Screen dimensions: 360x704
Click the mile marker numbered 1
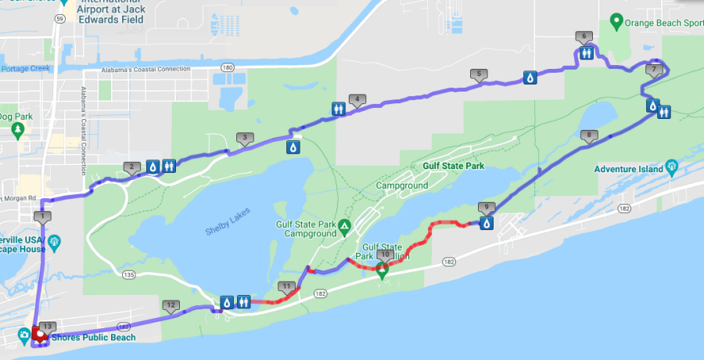point(44,217)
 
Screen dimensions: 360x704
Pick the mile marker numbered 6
point(583,36)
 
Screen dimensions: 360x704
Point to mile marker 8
point(589,135)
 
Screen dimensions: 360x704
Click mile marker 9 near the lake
point(487,207)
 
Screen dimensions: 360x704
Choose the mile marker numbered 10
point(385,254)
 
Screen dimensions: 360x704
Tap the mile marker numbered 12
point(171,305)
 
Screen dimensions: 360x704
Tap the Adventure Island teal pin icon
point(672,167)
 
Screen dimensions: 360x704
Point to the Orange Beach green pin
point(616,22)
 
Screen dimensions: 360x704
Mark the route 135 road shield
point(129,275)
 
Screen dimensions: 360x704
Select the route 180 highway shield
point(227,68)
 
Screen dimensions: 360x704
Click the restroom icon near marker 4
point(339,109)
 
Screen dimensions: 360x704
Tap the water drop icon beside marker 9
point(487,224)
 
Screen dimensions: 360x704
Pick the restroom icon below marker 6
point(587,53)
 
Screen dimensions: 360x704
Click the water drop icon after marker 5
point(530,77)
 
